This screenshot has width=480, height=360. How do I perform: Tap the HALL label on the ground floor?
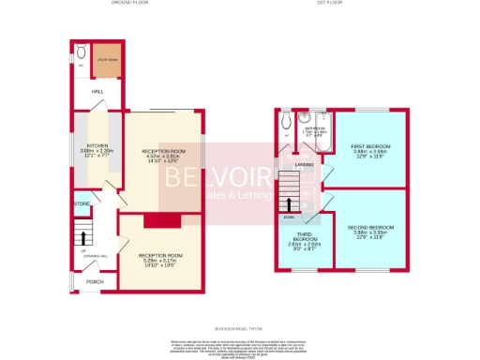pos(97,92)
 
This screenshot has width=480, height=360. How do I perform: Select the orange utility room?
pos(105,60)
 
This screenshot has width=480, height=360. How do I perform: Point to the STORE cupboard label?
pos(81,202)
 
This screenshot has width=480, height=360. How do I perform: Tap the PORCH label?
pos(95,280)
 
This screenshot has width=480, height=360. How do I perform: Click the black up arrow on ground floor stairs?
pos(82,238)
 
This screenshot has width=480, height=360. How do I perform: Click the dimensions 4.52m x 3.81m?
pos(164,157)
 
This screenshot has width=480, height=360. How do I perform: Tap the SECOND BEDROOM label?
pos(370,228)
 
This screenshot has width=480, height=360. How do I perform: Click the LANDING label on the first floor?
pos(304,165)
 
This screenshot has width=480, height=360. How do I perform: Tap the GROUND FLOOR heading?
pos(132,4)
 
